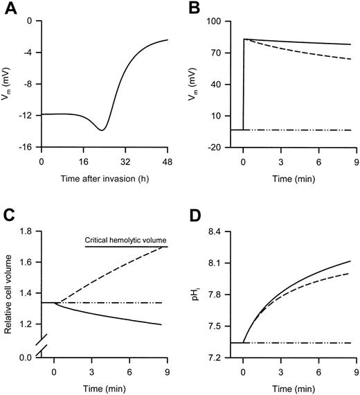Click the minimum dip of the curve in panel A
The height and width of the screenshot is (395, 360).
pos(102,130)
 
